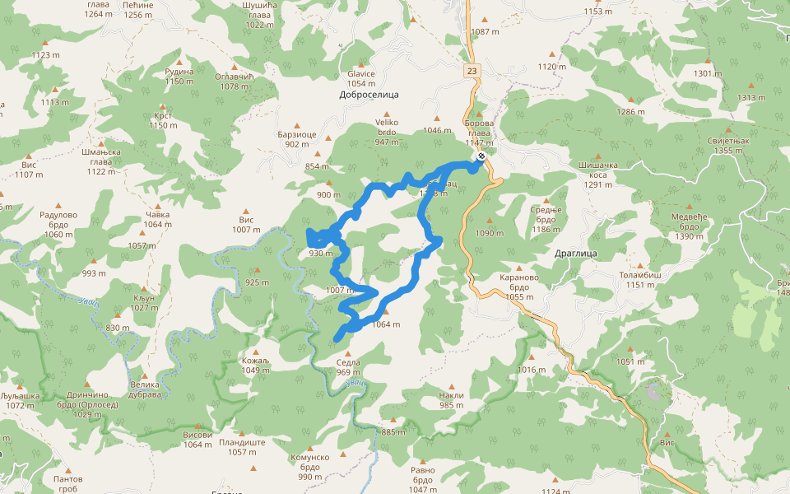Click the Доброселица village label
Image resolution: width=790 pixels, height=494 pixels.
[x=369, y=95]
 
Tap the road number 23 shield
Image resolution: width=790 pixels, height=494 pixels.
[x=470, y=71]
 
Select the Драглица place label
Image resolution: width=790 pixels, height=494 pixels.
[x=575, y=253]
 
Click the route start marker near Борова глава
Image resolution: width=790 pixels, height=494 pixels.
[x=481, y=156]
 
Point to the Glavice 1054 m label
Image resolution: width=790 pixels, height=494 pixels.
[x=361, y=78]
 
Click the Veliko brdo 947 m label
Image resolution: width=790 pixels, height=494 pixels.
[x=387, y=132]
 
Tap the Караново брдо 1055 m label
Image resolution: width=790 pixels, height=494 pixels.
[x=518, y=287]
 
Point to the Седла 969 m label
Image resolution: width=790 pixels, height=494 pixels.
[x=348, y=367]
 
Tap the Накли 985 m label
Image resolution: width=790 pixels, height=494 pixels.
[x=451, y=399]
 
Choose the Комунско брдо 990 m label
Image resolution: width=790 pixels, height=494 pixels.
[x=309, y=467]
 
